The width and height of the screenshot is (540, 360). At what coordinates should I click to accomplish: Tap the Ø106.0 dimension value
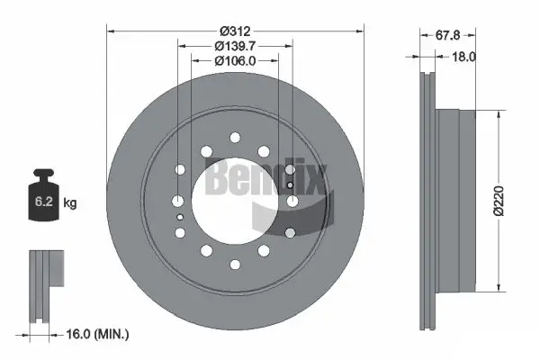point(234,60)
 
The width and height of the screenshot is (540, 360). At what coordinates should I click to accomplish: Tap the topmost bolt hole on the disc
point(235,137)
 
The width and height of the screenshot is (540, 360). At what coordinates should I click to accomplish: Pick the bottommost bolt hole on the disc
point(235,264)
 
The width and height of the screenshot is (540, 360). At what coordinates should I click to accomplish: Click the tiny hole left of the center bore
point(180,216)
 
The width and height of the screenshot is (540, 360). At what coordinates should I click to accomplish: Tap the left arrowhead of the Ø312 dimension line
point(112,30)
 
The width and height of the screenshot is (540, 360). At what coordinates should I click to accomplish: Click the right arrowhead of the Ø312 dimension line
point(357,30)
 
